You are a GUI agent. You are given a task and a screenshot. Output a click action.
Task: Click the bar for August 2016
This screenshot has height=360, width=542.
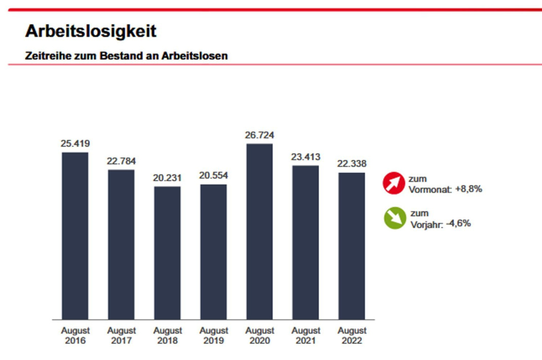tap(75, 235)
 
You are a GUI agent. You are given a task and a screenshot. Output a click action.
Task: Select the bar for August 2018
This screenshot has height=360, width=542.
tap(167, 253)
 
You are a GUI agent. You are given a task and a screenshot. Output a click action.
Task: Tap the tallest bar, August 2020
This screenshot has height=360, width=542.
tap(259, 231)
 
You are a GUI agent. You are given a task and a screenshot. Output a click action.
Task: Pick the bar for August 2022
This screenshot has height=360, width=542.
tap(352, 246)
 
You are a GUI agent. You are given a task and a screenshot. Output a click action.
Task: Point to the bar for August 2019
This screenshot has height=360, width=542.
tap(213, 252)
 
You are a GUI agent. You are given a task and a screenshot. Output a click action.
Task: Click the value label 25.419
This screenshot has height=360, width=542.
tap(75, 144)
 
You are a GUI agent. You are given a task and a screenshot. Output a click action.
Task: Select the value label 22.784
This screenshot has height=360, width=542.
tap(121, 162)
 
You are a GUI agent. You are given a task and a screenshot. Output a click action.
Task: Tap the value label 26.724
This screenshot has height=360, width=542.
tap(259, 135)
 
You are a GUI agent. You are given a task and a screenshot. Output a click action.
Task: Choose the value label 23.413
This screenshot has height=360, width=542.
tap(305, 157)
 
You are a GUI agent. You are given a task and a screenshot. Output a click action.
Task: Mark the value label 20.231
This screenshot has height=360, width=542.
tap(167, 178)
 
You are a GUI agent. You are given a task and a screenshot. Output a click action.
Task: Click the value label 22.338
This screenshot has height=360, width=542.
tap(352, 164)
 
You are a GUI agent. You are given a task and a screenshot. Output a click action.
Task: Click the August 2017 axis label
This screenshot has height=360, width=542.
tap(121, 335)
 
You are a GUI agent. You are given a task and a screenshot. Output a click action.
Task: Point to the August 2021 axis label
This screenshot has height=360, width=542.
tap(305, 335)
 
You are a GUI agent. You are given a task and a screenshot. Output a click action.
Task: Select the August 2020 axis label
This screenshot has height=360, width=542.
tap(259, 335)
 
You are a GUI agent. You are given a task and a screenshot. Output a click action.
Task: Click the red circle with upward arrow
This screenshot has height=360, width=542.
tap(394, 183)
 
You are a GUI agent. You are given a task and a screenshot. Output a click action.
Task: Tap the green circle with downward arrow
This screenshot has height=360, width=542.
tap(395, 218)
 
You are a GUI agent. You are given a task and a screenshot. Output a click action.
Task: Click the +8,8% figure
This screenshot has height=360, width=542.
tap(468, 189)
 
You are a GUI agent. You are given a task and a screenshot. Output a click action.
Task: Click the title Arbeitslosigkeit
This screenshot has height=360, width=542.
tap(91, 31)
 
